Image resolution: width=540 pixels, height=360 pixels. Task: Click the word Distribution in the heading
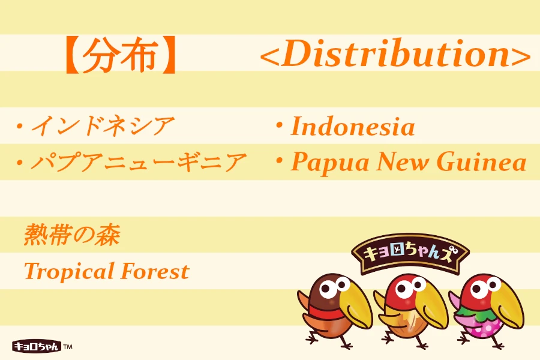coord(395,55)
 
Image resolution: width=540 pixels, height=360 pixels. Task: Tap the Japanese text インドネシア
coord(103,127)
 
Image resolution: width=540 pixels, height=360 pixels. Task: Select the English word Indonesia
coord(353,127)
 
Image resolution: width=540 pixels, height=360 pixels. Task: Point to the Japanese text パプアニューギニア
coord(139,163)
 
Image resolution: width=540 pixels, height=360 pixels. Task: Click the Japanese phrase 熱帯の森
coord(72,235)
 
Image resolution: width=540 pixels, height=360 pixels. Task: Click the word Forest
coord(155,271)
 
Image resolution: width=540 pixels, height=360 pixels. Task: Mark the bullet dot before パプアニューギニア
coord(20,162)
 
